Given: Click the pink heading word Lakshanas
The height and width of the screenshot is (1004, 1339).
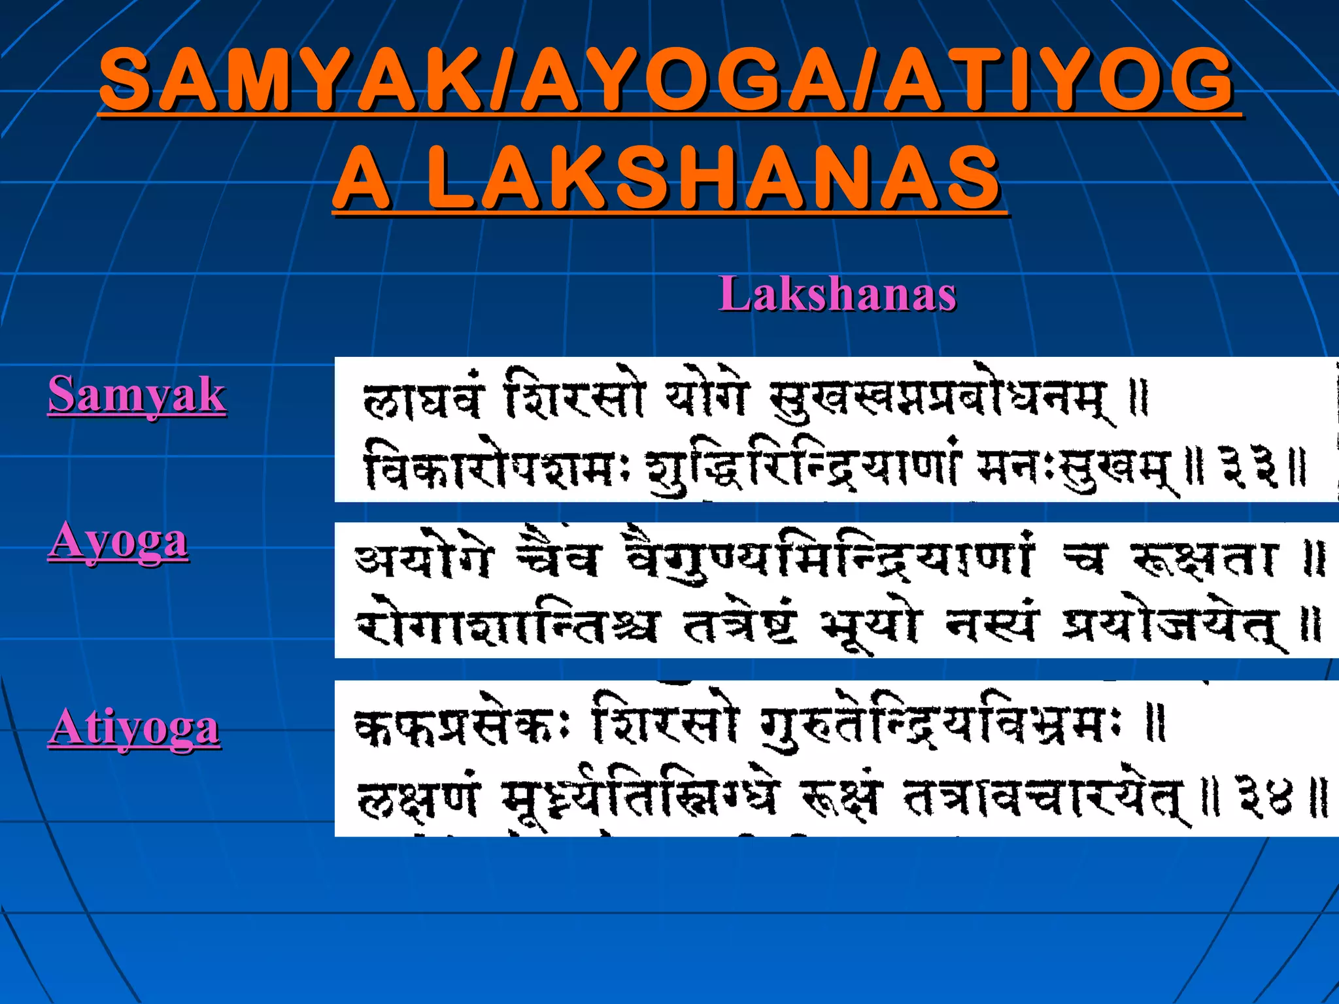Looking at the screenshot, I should click(838, 294).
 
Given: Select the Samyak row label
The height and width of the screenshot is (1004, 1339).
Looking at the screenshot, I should click(137, 395).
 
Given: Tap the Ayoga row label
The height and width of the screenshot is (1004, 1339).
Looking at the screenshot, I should click(118, 541).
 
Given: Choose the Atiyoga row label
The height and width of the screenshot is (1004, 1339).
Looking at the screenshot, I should click(134, 728).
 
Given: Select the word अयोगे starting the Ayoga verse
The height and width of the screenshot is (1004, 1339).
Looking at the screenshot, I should click(422, 560).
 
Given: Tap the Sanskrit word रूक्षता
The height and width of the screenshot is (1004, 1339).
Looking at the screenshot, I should click(1204, 561).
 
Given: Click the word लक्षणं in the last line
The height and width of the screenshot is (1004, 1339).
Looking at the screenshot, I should click(418, 799).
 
